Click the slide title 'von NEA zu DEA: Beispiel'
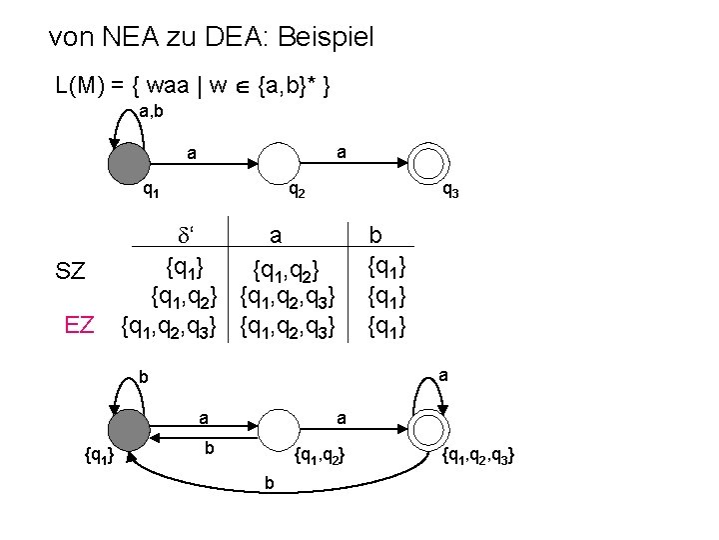[211, 39]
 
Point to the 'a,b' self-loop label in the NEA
[153, 110]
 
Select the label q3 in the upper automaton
[450, 191]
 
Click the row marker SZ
[72, 271]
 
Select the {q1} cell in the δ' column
[186, 268]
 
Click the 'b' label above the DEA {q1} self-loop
[143, 379]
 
